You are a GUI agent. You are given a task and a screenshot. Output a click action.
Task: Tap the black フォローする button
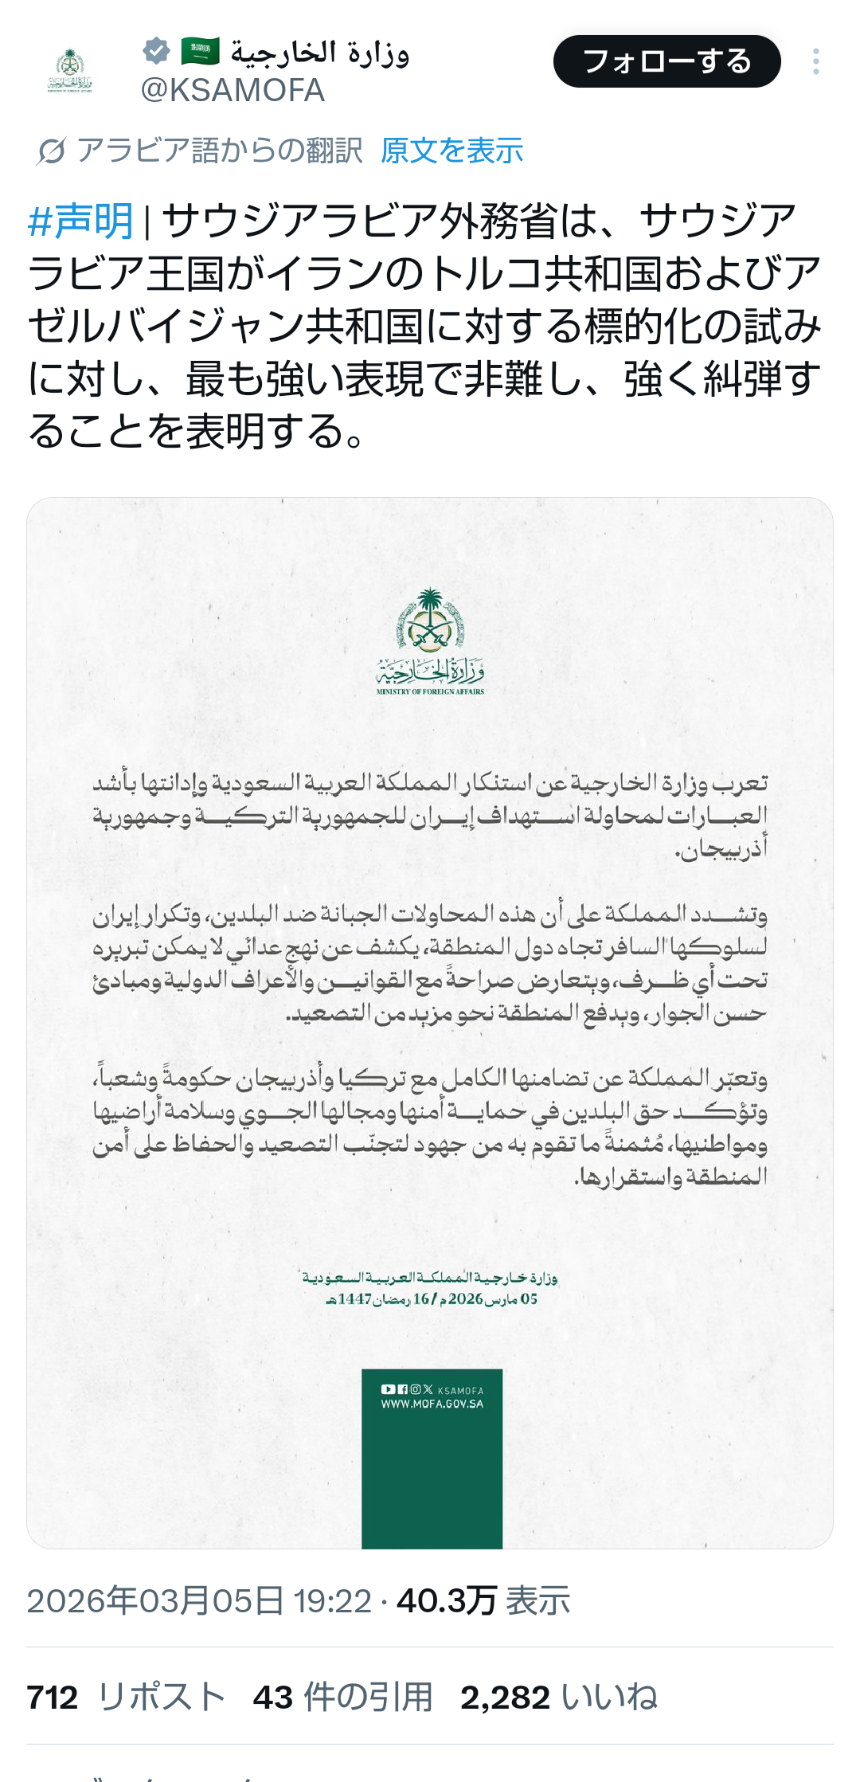pos(666,61)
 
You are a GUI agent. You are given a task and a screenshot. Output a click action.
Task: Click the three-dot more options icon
pos(816,61)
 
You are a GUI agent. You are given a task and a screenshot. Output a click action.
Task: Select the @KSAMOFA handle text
pos(233,91)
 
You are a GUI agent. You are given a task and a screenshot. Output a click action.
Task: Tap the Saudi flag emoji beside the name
pos(200,52)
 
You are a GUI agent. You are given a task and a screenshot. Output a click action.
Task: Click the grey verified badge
pos(157,51)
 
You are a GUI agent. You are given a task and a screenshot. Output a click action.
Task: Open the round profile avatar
pos(70,70)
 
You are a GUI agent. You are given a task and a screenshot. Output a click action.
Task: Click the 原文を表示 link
pos(451,151)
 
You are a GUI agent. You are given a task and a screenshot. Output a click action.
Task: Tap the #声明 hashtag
pos(80,221)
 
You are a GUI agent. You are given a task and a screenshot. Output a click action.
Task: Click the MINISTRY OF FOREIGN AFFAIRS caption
pos(430,691)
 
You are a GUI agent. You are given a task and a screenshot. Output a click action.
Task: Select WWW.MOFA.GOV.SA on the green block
pos(432,1404)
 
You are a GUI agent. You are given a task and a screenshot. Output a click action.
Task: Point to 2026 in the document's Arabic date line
pos(466,1299)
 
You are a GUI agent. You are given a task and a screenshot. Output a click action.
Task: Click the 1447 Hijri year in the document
pos(354,1299)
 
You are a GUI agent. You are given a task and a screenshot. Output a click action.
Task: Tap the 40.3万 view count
pos(447,1600)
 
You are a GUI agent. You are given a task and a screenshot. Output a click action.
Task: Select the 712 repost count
pos(53,1698)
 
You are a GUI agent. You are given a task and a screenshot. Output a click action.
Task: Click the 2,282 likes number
pos(505,1698)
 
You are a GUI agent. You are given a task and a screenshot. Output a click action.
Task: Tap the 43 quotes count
pos(273,1698)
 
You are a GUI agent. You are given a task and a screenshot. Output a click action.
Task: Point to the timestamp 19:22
pos(332,1600)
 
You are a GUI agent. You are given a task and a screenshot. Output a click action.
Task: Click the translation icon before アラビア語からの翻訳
pos(51,151)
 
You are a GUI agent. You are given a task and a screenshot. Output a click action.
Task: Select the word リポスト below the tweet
pos(162,1698)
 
